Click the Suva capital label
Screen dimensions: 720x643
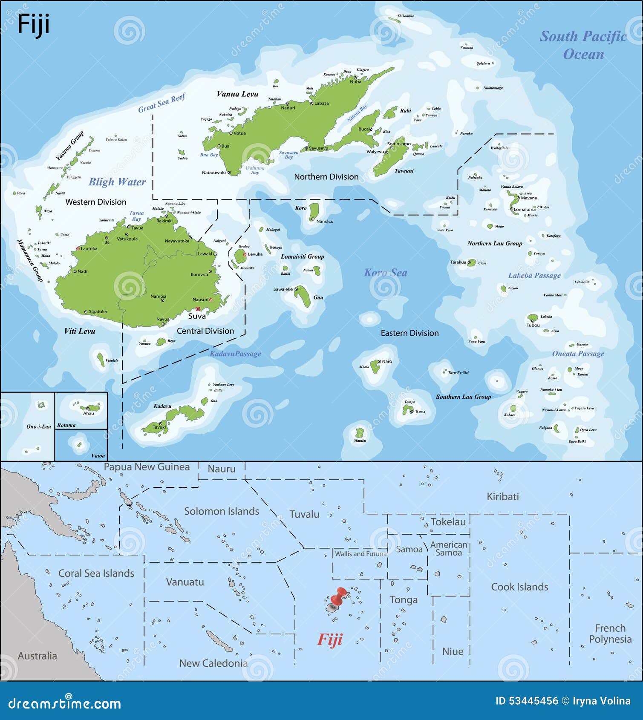tap(197, 316)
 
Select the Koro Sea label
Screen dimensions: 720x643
tap(385, 273)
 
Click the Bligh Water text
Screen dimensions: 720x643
tap(117, 182)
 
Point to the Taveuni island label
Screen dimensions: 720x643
tap(404, 171)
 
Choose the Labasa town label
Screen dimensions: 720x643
tap(321, 103)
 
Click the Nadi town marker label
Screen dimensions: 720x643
tap(82, 271)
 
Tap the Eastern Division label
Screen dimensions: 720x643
tap(409, 333)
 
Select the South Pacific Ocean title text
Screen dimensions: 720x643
tap(583, 45)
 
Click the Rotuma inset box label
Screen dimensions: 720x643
tap(66, 425)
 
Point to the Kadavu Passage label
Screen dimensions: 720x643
tap(235, 354)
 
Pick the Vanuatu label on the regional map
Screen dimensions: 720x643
tap(185, 582)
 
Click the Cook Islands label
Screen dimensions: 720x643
tap(519, 587)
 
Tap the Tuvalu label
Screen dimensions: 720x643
tap(304, 514)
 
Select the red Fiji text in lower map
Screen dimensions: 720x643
tap(329, 639)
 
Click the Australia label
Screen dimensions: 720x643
tap(37, 656)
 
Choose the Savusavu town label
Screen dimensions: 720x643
tap(318, 148)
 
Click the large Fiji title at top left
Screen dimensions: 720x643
tap(33, 25)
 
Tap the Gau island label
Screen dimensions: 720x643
tap(318, 297)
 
